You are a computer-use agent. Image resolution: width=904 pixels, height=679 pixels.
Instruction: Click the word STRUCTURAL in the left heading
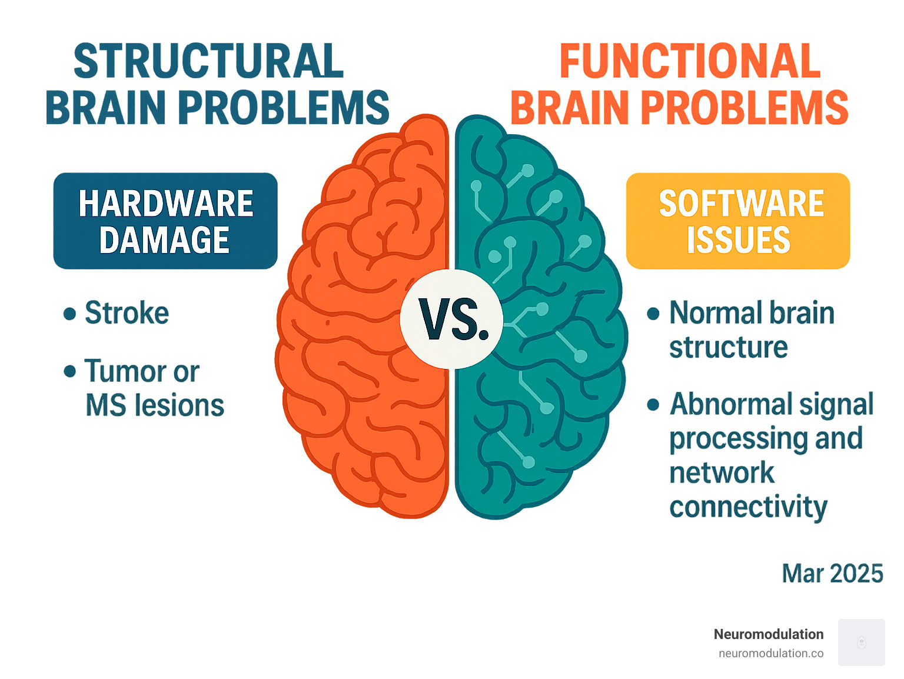click(x=209, y=61)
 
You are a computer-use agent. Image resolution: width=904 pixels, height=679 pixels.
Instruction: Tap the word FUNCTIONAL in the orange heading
click(x=689, y=61)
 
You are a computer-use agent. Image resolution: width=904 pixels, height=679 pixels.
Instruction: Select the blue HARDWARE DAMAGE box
click(x=165, y=221)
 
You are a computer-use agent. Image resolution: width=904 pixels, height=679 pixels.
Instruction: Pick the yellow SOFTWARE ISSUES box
click(x=738, y=221)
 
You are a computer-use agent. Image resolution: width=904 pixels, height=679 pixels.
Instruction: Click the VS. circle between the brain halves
click(x=452, y=319)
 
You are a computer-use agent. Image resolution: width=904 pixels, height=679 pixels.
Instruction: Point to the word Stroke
click(x=127, y=312)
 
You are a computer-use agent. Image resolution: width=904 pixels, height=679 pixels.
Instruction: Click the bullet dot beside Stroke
click(x=70, y=313)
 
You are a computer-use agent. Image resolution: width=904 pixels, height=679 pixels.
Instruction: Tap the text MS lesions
click(x=155, y=405)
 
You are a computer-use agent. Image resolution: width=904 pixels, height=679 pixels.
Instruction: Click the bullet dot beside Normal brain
click(x=653, y=313)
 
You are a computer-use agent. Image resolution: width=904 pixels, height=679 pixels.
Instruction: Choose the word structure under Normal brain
click(x=728, y=347)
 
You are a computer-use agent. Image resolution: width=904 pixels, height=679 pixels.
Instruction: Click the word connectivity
click(x=748, y=507)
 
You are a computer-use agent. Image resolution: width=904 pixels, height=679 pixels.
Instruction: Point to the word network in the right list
click(x=722, y=473)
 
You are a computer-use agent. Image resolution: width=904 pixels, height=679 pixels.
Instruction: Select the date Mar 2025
click(x=832, y=574)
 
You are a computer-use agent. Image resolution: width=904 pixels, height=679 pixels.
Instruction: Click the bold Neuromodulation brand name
click(x=768, y=634)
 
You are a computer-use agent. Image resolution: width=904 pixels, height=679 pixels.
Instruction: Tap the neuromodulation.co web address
click(x=770, y=653)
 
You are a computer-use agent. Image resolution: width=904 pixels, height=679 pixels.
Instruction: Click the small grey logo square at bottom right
click(x=861, y=642)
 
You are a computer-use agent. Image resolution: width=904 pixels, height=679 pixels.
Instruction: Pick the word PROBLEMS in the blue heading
click(x=284, y=108)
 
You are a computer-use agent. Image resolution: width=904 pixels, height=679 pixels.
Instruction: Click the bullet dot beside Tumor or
click(x=70, y=371)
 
